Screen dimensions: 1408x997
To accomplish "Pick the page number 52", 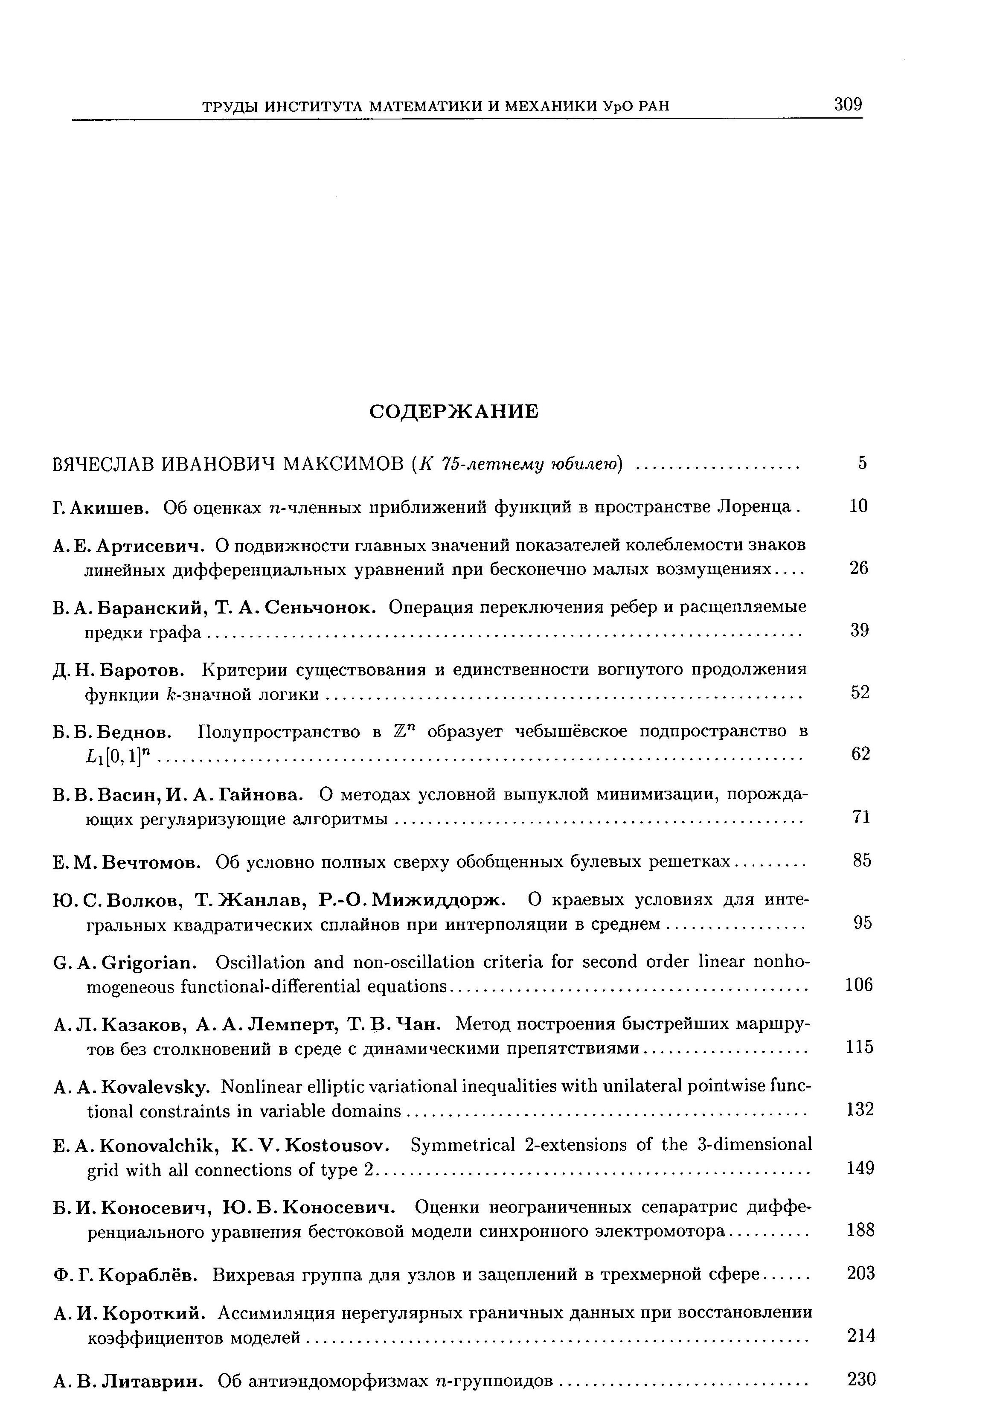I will click(860, 692).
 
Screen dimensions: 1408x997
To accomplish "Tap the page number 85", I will click(862, 860).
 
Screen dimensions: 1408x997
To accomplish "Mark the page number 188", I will click(860, 1230).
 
